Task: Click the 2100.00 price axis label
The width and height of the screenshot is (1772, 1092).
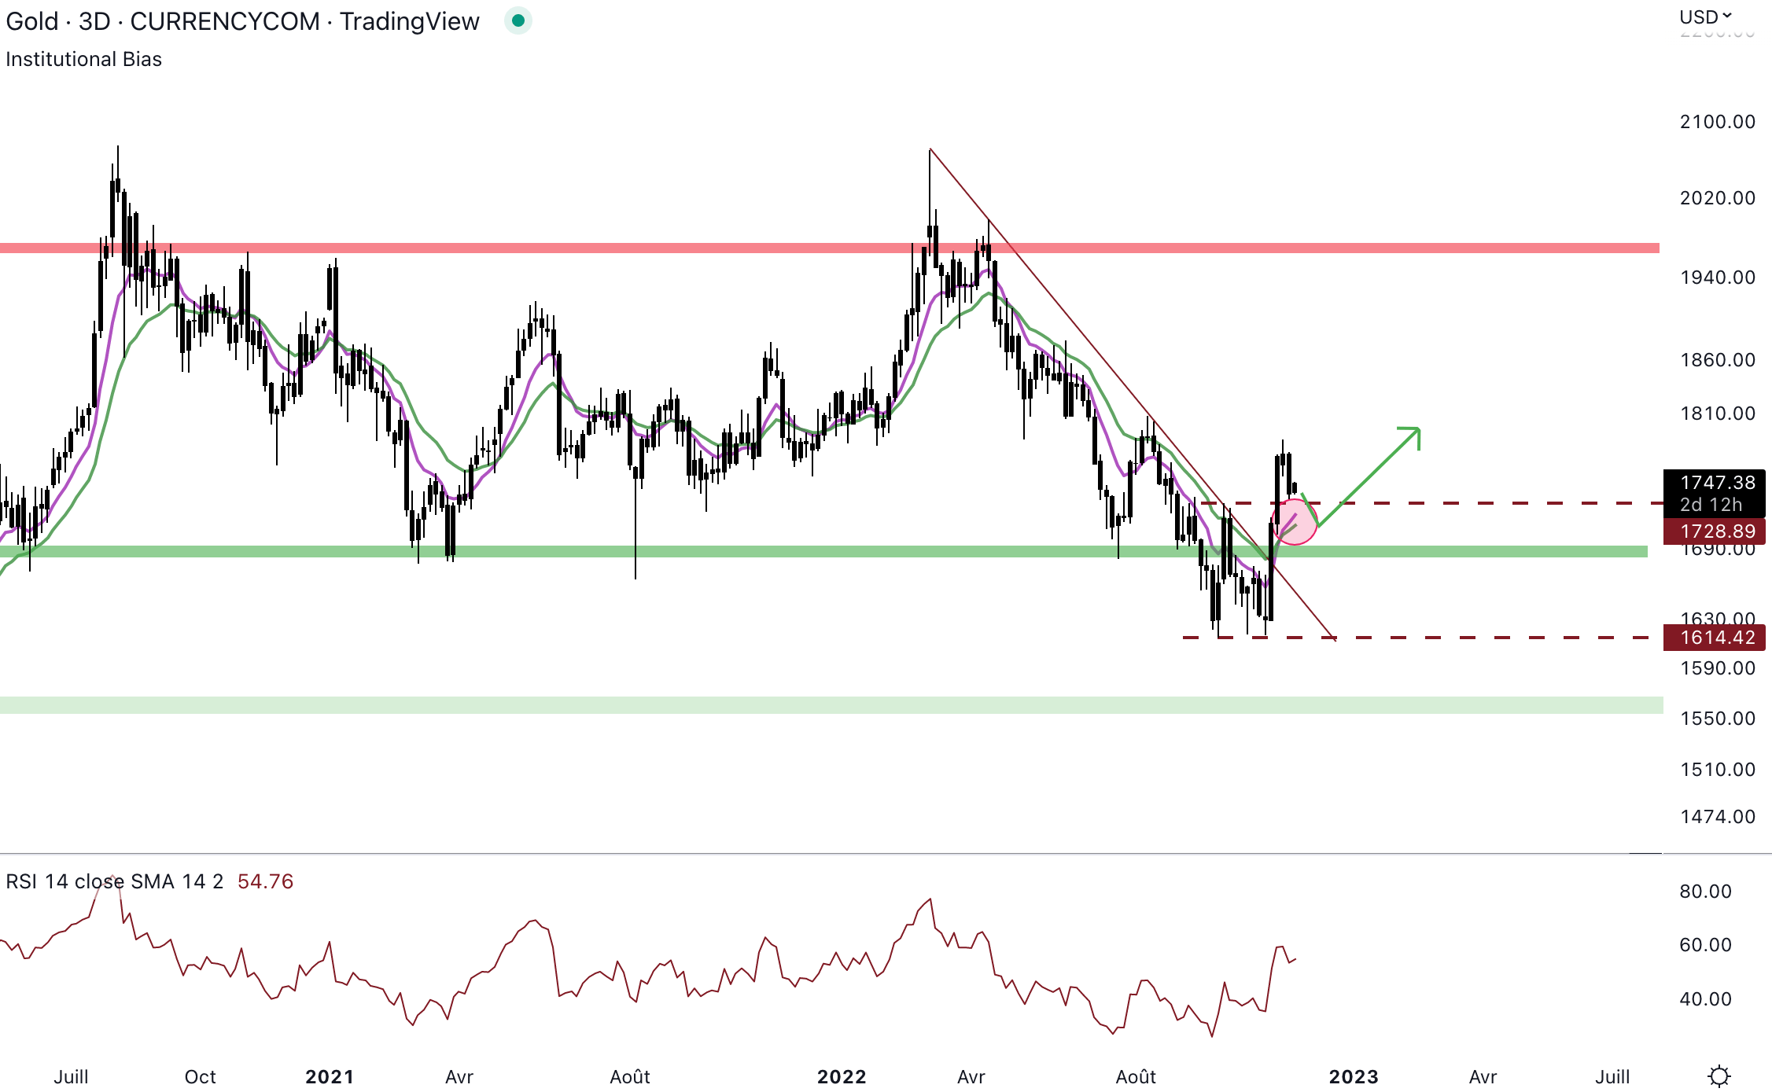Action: [x=1717, y=122]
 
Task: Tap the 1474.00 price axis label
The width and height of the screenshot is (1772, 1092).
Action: [x=1717, y=817]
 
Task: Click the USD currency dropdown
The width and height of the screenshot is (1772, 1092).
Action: [x=1705, y=17]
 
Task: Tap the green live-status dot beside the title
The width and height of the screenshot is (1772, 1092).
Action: [x=518, y=20]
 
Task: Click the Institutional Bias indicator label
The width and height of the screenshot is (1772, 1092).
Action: [x=84, y=60]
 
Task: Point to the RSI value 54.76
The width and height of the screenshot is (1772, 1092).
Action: [x=265, y=881]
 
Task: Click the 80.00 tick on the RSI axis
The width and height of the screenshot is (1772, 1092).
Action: [x=1705, y=892]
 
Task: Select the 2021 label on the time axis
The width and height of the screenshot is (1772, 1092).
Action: [x=330, y=1076]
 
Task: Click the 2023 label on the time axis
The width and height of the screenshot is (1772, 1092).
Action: [x=1354, y=1076]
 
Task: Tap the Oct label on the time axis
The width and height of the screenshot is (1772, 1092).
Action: [x=200, y=1076]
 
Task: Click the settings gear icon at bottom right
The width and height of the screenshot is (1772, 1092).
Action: [x=1719, y=1075]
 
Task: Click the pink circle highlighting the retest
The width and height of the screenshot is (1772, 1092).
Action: [x=1295, y=522]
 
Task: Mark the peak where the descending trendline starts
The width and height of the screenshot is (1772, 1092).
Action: [x=930, y=149]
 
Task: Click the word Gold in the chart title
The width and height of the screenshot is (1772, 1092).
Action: [x=32, y=21]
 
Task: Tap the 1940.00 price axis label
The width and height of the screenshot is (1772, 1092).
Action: [x=1717, y=278]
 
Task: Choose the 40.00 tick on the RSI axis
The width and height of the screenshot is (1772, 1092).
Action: [x=1705, y=999]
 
